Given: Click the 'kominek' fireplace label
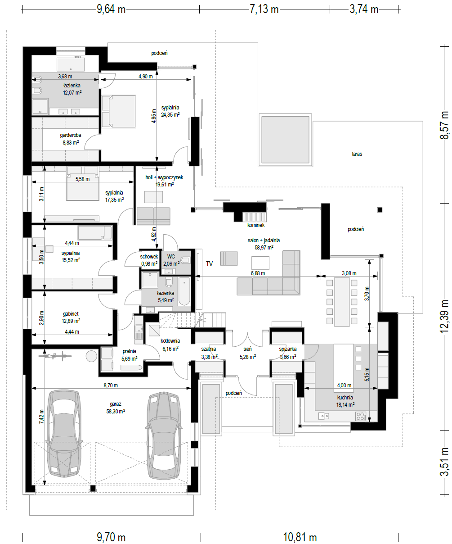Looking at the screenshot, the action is pos(256,225).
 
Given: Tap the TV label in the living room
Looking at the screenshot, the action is pos(209,263).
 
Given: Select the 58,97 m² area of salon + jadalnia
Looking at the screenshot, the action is pos(264,247).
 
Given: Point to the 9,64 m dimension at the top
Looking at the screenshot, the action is pos(111,9).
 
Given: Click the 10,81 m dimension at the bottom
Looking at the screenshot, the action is pos(300,537).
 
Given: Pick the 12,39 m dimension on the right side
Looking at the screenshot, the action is pos(444,316).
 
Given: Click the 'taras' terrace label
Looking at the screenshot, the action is pos(357,154).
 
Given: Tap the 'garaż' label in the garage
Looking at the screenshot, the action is pos(116,404).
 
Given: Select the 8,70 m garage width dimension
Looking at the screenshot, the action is pos(111,385).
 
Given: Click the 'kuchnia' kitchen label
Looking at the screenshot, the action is pos(345,398).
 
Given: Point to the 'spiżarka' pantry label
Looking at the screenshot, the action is pos(287,349).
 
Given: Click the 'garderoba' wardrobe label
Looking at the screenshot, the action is pos(71,135).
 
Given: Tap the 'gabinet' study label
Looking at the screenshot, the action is pos(71,314).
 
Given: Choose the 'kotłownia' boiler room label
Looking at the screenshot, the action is pos(170,341).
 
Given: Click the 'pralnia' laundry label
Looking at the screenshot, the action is pos(130,351).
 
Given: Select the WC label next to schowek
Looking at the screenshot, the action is pos(171,257).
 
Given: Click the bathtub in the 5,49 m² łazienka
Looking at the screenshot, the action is pos(184,291).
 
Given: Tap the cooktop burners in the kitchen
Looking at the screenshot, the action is pos(361,416).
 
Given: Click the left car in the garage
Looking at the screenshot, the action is pos(64,434).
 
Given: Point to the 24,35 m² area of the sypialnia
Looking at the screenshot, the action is pos(170,115).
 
